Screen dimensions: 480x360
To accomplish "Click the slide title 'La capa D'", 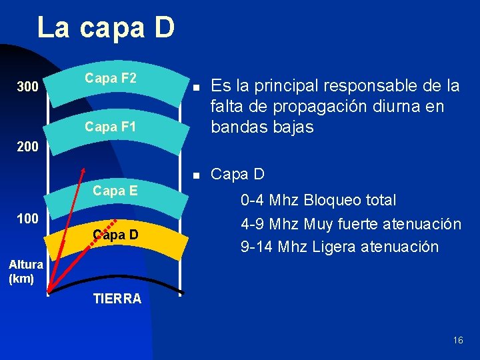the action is tap(106, 28).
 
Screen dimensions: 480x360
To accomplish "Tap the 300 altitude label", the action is tap(27, 87).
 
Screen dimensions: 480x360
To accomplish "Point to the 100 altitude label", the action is tap(27, 218).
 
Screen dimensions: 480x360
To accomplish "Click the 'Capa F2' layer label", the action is tap(111, 78).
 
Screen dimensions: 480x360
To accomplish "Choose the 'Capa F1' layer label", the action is tap(111, 125).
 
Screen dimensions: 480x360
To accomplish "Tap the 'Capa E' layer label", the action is tap(115, 191).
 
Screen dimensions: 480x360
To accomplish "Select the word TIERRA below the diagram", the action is tap(117, 299).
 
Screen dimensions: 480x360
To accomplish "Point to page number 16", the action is tap(457, 340).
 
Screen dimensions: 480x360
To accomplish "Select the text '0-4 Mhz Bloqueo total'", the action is tap(319, 200).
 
